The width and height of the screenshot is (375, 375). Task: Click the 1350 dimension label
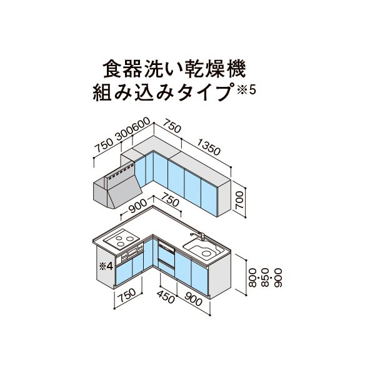pos(208,147)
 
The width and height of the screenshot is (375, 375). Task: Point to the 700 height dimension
pos(239,201)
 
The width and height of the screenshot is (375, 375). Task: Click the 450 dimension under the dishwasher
pos(166,297)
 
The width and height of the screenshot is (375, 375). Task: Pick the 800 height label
pos(252,277)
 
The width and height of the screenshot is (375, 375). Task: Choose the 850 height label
pos(266,277)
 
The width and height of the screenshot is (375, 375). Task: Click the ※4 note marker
pos(106,266)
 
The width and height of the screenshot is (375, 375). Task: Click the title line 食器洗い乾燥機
pos(174,69)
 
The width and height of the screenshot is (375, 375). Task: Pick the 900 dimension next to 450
pos(194,299)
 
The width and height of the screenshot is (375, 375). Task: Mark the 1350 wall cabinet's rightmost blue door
pos(209,197)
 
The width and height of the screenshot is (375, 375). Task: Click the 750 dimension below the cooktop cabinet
pos(127,295)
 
